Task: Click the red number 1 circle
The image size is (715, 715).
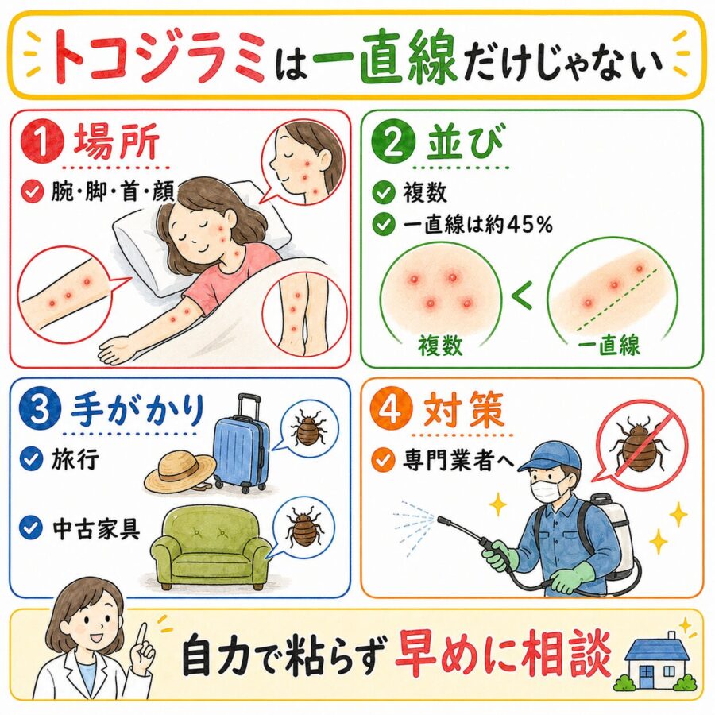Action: [x=42, y=141]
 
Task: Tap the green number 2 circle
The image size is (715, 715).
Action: [x=393, y=142]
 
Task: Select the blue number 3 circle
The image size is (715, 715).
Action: [x=40, y=408]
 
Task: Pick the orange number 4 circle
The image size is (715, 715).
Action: [x=391, y=408]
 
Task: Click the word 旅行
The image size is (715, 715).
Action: [x=75, y=458]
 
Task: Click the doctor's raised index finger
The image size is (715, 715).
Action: [x=142, y=635]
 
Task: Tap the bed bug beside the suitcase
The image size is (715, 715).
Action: [x=310, y=430]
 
